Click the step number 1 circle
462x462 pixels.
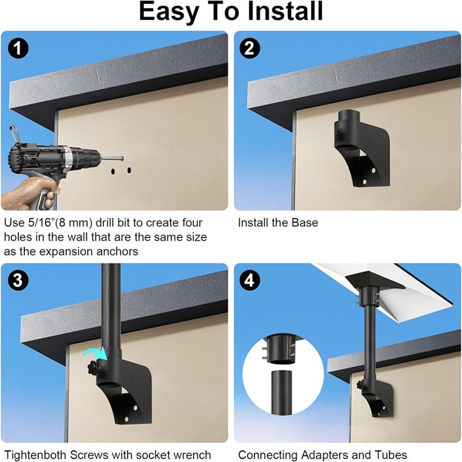point(18,48)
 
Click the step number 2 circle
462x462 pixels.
point(249,48)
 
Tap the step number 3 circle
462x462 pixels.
point(18,280)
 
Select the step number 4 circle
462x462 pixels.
point(249,280)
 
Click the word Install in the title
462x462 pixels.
point(285,11)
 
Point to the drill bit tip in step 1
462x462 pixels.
point(122,158)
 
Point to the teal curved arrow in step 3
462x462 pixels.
point(94,353)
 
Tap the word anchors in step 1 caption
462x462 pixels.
point(118,252)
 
